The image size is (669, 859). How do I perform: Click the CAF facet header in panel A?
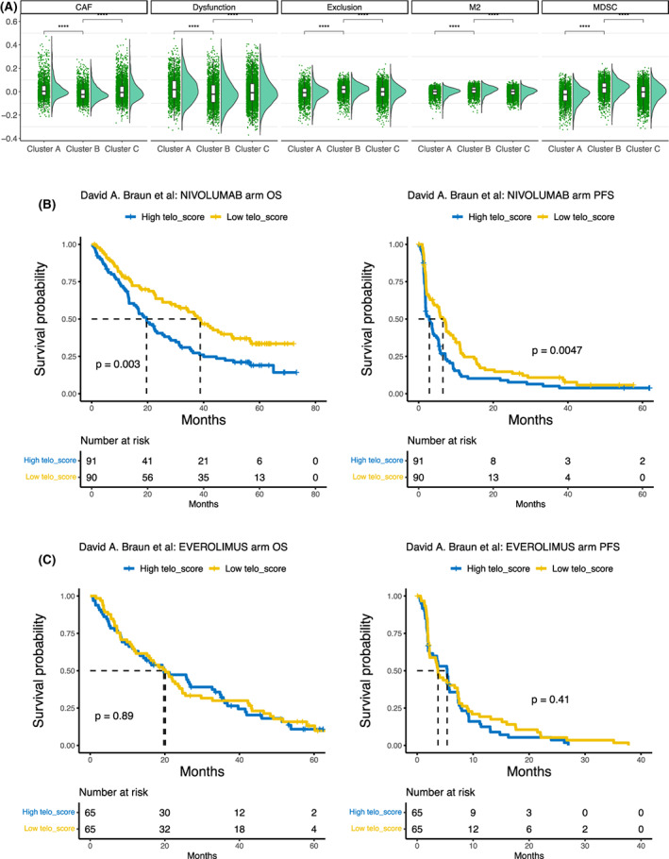click(81, 8)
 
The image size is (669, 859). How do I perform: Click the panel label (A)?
click(15, 8)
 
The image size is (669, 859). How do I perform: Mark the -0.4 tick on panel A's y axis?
click(13, 138)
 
